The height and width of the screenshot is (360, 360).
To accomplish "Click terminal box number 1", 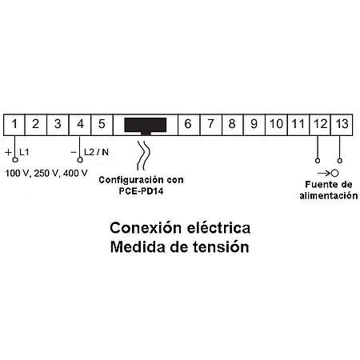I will click(15, 124).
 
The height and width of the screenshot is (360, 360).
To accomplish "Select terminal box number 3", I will click(58, 124).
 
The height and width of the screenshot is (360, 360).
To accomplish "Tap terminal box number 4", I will click(80, 124).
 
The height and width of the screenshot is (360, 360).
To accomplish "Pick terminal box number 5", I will click(102, 124).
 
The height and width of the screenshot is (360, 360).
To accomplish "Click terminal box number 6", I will click(187, 124).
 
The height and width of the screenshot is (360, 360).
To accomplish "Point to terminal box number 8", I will click(231, 124).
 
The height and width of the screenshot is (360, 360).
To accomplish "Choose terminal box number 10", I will click(275, 124).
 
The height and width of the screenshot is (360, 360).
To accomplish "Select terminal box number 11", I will click(297, 124).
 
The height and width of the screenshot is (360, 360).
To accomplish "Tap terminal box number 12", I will click(319, 124).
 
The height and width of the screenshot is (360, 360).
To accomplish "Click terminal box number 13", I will click(342, 124).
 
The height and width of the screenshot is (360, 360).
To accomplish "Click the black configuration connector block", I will click(145, 125).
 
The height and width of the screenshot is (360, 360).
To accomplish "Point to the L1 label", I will click(24, 151).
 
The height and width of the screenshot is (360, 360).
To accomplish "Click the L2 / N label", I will click(97, 151).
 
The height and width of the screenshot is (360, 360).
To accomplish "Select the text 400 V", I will click(74, 172).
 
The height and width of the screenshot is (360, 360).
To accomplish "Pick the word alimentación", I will click(329, 194).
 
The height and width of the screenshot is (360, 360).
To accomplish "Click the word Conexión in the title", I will click(143, 227).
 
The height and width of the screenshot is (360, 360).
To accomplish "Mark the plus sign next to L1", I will click(7, 151).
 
